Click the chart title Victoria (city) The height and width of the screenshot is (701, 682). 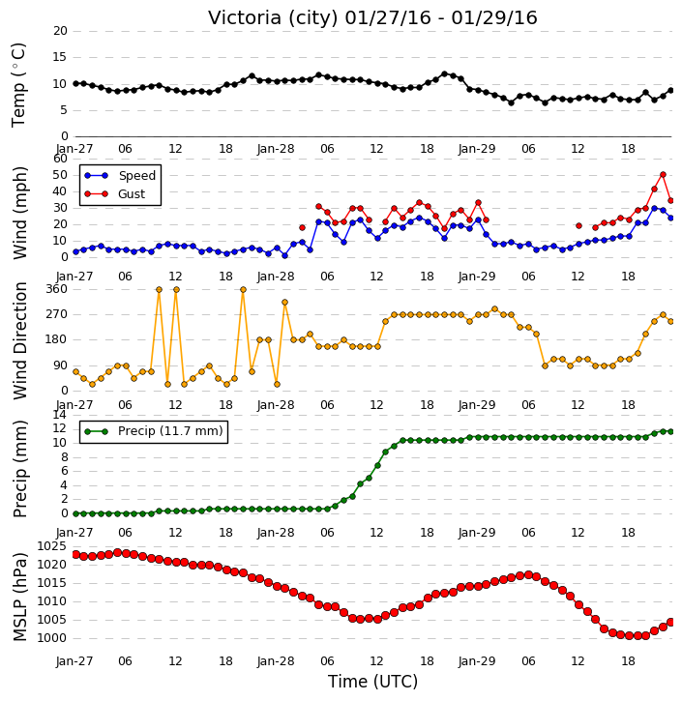(274, 18)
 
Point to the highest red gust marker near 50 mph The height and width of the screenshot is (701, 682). (663, 175)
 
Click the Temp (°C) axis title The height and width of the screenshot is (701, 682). (18, 85)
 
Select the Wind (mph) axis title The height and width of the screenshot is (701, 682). (19, 213)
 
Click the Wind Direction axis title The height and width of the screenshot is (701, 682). (19, 340)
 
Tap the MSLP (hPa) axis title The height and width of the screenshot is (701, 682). (19, 597)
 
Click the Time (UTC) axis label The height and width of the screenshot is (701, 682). (372, 682)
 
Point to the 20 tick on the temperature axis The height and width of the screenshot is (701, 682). (60, 31)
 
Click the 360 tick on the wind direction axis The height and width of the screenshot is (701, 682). (57, 289)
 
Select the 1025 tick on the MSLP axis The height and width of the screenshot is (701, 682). (51, 546)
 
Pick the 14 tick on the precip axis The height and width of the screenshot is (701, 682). (60, 415)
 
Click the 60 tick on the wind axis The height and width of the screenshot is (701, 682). (60, 159)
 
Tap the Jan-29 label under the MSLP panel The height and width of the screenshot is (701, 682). (477, 660)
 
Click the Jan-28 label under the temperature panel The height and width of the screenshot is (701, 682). (276, 149)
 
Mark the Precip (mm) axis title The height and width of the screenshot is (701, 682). (19, 469)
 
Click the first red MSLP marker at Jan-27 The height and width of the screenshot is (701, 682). (75, 555)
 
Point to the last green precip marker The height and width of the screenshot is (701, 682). (670, 432)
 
